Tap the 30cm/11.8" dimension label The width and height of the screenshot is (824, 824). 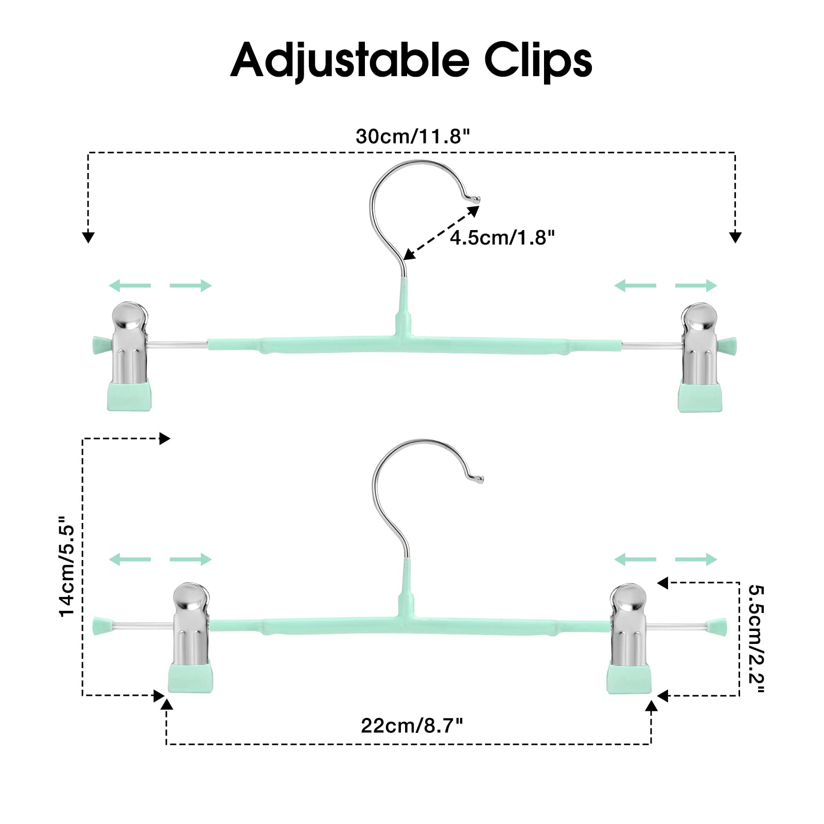(x=413, y=136)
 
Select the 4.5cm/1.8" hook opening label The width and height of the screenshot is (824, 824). (x=502, y=238)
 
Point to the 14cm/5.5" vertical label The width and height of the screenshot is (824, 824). (x=67, y=565)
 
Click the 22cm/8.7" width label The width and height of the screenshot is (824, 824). (x=412, y=726)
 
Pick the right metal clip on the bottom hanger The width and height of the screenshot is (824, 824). (x=628, y=624)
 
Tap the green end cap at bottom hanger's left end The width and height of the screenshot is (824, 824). (x=101, y=626)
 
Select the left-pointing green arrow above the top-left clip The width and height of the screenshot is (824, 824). (x=130, y=286)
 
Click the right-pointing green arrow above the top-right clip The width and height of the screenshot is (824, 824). (x=696, y=286)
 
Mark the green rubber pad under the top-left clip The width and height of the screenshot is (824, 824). (x=130, y=396)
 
